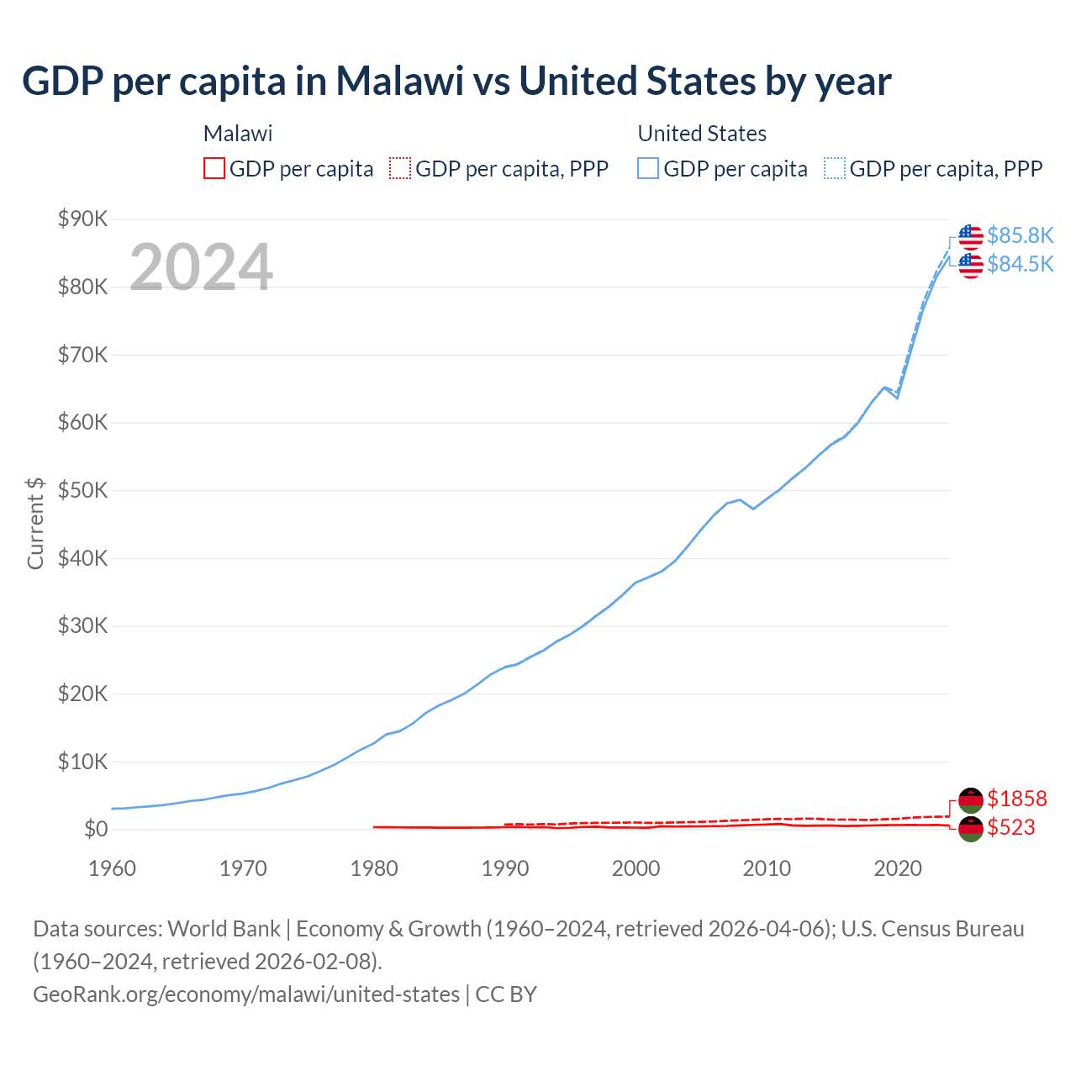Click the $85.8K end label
(1020, 235)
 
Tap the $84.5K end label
(1020, 264)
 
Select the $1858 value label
(1016, 799)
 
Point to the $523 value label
(1010, 827)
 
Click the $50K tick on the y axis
(82, 490)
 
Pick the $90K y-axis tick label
(82, 219)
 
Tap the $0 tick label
(96, 830)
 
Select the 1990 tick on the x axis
(505, 868)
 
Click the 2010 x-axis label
(767, 868)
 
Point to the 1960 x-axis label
(112, 868)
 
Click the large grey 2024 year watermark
(201, 267)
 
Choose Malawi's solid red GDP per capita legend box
(214, 168)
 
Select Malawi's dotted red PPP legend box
(400, 168)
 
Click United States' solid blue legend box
(648, 168)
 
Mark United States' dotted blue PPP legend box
(835, 168)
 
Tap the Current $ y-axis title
(35, 523)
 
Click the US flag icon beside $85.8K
(971, 237)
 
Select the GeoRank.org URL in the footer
(246, 994)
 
